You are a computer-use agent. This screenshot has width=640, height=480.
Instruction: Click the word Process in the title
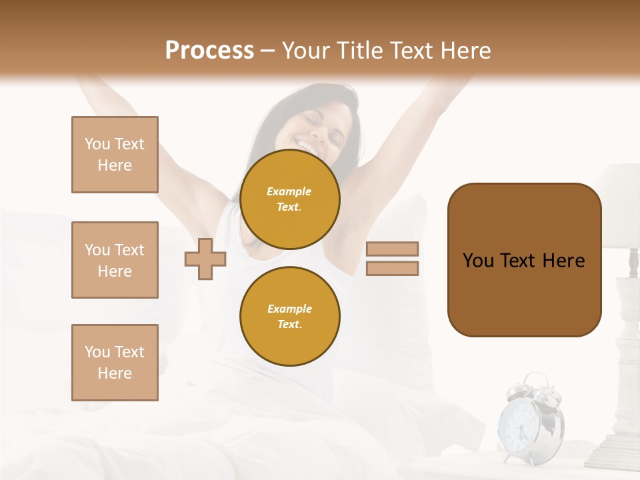click(x=209, y=51)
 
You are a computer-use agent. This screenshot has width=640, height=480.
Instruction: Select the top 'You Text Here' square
click(x=115, y=155)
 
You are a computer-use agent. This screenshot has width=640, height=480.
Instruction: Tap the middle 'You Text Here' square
click(x=115, y=260)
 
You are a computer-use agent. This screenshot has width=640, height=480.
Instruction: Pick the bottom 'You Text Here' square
click(x=115, y=363)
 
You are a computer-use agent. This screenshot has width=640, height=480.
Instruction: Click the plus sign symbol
click(x=205, y=259)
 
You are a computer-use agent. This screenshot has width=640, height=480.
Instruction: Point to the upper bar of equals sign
click(x=392, y=249)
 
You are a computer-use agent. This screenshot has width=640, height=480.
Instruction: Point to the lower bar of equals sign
click(x=392, y=269)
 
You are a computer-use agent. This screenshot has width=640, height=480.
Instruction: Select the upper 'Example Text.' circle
click(x=290, y=199)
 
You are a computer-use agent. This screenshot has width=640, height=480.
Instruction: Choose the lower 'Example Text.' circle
click(x=290, y=317)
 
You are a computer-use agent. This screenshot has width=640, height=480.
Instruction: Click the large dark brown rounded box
click(x=524, y=260)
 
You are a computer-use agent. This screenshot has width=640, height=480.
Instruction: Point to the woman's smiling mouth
click(x=309, y=145)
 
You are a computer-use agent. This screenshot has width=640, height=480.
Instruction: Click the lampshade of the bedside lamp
click(x=619, y=203)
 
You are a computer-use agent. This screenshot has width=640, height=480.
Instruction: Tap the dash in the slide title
click(x=267, y=51)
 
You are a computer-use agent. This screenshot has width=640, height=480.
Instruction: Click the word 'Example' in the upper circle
click(x=289, y=191)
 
